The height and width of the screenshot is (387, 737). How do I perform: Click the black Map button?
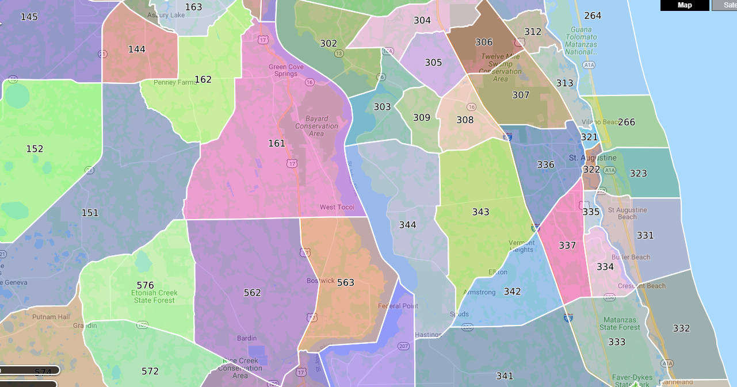coord(685,5)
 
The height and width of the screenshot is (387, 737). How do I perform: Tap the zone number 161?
coord(277,143)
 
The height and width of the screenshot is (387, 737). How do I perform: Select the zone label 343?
coord(481,212)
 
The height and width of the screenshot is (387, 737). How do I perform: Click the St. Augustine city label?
coord(593,158)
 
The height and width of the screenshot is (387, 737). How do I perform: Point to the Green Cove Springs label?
coord(286,70)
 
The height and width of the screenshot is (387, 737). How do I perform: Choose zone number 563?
coord(346,282)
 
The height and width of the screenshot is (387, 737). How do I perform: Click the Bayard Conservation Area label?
coord(316,126)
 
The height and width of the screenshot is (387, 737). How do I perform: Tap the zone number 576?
coord(146,285)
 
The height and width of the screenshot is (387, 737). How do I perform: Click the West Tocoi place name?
coord(337,207)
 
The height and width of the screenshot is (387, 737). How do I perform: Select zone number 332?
coord(681,328)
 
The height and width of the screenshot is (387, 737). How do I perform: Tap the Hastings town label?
coord(427,335)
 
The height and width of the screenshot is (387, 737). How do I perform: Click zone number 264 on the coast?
coord(593,16)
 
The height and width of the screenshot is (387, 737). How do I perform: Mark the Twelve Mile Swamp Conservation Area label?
coord(501,67)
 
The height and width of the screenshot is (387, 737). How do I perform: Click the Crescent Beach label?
coord(641,286)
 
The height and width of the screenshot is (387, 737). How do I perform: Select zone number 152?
coord(35,149)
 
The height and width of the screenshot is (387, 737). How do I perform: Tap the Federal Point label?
coord(398,306)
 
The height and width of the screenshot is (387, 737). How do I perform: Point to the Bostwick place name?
coord(320,281)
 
